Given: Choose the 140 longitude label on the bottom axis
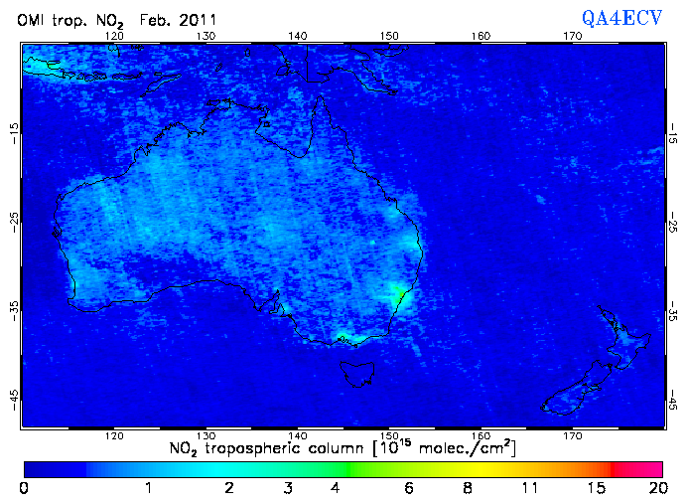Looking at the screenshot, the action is tap(298, 436).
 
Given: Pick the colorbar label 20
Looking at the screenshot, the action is tap(656, 488).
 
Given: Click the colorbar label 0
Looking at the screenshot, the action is tap(24, 488).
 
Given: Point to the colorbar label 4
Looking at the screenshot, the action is tap(336, 488).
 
